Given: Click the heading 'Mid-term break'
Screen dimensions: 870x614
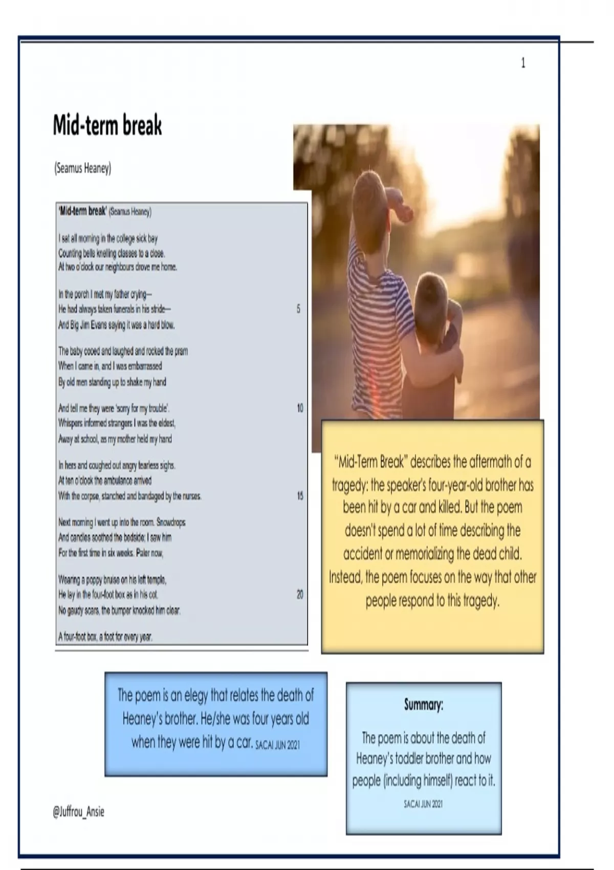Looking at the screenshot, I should click(x=107, y=125).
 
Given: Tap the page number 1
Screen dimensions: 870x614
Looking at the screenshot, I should click(x=523, y=63).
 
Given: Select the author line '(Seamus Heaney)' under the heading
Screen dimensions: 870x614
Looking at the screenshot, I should click(x=82, y=168).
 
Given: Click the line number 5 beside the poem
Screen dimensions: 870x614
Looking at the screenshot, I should click(x=298, y=309).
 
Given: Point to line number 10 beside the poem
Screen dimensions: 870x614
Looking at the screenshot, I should click(x=300, y=408).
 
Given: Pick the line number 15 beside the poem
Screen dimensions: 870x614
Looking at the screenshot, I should click(x=300, y=495).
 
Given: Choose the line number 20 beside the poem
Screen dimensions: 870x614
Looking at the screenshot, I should click(x=300, y=594).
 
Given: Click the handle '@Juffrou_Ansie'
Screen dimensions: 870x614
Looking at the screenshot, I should click(x=78, y=812).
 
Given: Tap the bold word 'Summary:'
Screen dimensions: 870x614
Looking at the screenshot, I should click(x=424, y=705).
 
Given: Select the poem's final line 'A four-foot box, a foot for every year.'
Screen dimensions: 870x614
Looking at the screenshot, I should click(x=105, y=637).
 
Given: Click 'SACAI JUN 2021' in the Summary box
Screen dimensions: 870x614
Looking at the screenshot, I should click(x=423, y=804).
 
